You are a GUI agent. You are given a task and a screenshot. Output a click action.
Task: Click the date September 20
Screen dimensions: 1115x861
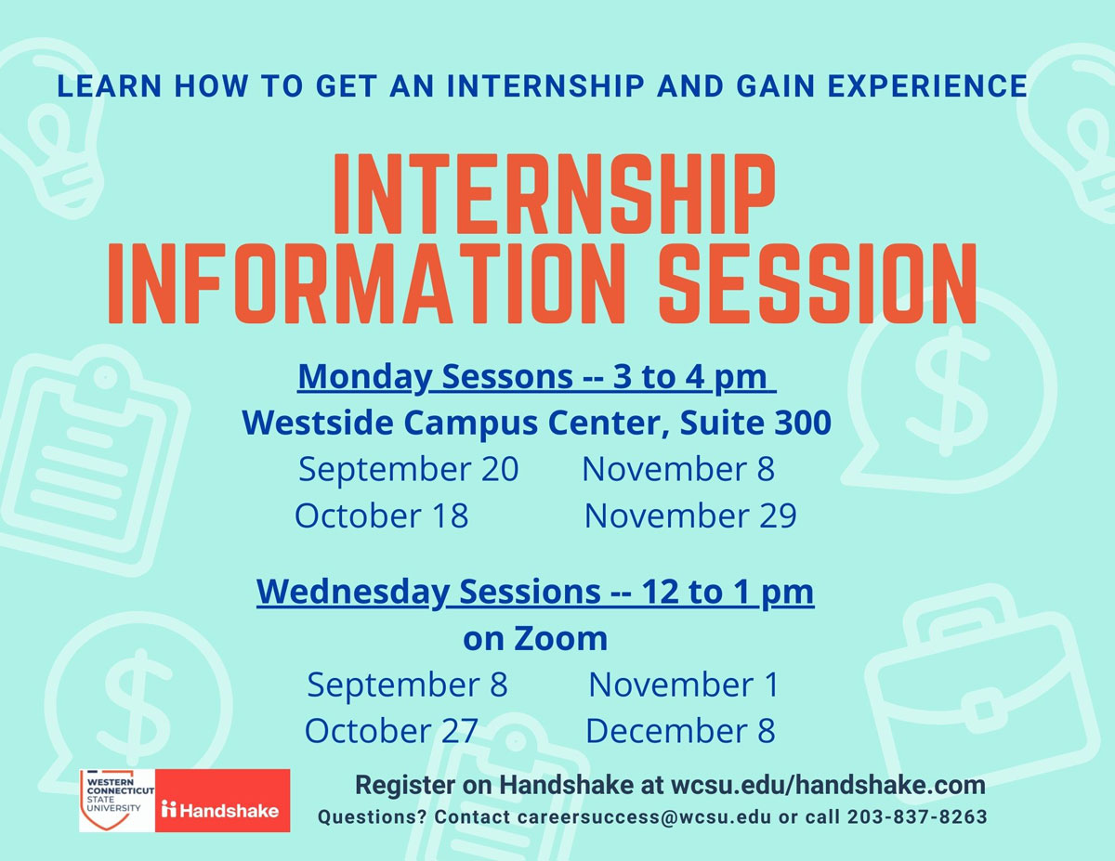tap(409, 470)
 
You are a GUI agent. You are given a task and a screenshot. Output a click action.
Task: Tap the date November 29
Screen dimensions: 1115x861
tap(690, 515)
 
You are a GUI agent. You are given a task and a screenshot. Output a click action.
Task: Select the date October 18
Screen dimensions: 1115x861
tap(381, 515)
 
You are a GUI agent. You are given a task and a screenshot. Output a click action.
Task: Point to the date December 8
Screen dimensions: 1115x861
tap(680, 731)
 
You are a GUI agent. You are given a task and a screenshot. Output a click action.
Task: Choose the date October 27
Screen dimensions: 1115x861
tap(391, 731)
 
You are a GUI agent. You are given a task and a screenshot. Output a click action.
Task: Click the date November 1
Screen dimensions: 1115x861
tap(684, 685)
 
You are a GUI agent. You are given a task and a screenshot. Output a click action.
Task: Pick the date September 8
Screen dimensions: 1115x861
tap(407, 685)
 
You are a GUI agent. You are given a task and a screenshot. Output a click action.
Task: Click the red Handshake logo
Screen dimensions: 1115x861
tap(222, 800)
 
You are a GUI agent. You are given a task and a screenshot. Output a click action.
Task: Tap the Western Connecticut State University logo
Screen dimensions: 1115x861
tap(117, 800)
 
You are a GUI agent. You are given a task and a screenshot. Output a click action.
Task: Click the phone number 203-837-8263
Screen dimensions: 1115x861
tap(917, 816)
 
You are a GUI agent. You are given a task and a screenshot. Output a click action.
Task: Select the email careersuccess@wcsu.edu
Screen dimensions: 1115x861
tap(644, 816)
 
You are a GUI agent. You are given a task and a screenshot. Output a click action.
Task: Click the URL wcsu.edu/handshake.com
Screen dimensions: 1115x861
tap(828, 785)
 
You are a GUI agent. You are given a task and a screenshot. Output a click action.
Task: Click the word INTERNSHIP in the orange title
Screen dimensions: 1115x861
tap(554, 194)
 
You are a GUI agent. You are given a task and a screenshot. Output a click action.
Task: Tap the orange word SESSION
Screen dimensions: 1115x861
tap(817, 283)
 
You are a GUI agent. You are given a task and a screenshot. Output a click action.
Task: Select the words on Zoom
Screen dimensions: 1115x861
tap(535, 639)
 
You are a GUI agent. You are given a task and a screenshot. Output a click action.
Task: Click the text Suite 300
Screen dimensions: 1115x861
tap(755, 423)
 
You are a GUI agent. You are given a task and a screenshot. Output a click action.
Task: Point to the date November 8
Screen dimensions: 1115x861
tap(677, 469)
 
